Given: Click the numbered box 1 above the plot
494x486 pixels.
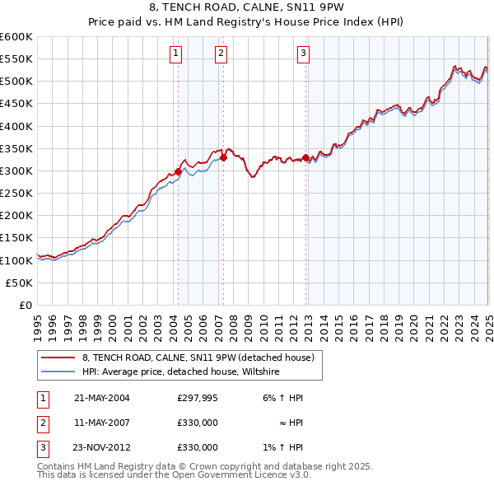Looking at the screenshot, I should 177,54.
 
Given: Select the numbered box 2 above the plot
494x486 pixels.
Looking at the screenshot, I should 222,54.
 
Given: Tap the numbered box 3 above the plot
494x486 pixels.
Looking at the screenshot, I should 303,54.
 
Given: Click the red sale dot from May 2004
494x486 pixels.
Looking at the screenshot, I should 178,171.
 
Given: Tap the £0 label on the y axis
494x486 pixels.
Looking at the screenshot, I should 26,305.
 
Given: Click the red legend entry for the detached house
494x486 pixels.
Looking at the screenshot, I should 198,358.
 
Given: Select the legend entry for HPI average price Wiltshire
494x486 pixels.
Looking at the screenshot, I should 181,372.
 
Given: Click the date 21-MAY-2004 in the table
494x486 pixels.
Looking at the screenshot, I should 102,397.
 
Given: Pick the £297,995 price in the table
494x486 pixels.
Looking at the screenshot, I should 198,397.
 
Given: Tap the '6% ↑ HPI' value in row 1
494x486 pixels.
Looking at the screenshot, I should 282,397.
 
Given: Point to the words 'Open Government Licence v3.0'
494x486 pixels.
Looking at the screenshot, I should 244,474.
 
